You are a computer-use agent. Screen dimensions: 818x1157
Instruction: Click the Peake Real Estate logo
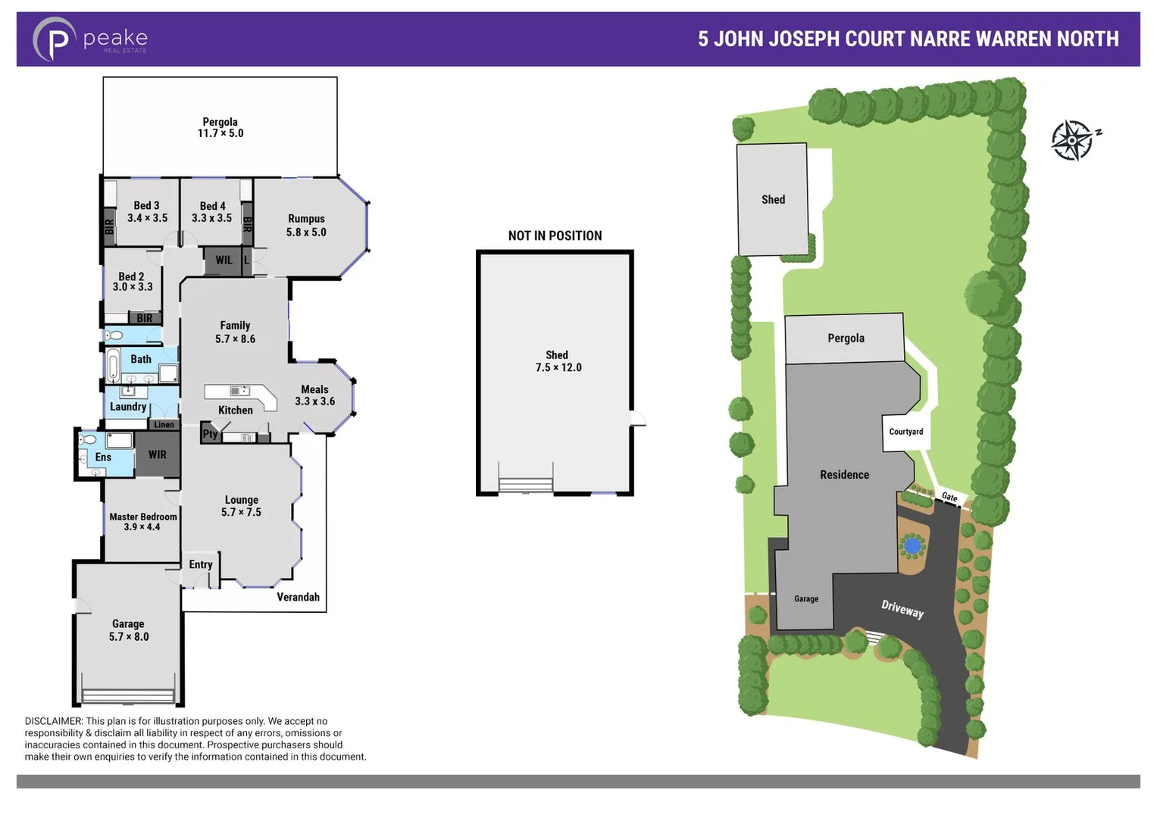click(89, 39)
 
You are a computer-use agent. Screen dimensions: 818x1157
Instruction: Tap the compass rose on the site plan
click(1074, 139)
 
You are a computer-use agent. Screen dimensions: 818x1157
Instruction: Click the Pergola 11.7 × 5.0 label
click(220, 127)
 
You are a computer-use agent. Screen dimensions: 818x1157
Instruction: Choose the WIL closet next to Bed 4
click(224, 260)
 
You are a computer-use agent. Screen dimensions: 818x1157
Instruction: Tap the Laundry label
click(128, 407)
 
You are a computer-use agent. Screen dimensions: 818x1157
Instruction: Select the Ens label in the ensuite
click(103, 457)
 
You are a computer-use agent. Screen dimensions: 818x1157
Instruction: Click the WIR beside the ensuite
click(158, 454)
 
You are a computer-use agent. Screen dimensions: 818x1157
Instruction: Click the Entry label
click(201, 564)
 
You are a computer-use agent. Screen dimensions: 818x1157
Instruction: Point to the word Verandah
click(298, 597)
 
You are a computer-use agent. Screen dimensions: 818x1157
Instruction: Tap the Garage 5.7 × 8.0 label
click(128, 630)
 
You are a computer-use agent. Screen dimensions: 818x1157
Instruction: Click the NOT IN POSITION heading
click(555, 236)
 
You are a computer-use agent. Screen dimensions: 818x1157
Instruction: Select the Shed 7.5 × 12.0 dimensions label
click(558, 361)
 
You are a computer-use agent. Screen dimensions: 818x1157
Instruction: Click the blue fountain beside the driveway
click(912, 545)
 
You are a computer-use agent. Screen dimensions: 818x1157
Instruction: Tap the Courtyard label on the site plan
click(906, 432)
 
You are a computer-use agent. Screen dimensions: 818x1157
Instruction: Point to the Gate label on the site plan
click(949, 497)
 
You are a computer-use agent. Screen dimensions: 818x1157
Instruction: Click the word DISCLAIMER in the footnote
click(53, 721)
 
